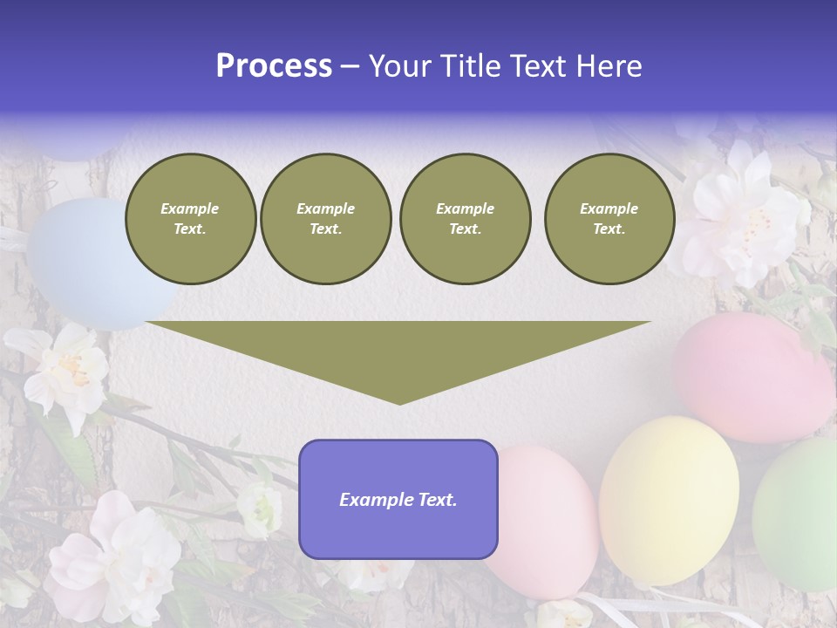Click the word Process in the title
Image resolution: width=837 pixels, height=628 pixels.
click(274, 66)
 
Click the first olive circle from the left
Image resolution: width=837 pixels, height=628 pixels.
click(190, 219)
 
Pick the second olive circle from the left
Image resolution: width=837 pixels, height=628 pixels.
click(325, 219)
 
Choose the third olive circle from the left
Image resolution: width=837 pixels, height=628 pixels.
click(465, 219)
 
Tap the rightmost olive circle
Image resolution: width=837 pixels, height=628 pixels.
click(609, 219)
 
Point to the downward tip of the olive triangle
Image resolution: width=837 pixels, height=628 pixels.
click(399, 401)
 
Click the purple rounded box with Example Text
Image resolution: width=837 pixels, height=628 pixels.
click(398, 499)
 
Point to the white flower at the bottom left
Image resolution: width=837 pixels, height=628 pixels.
click(113, 558)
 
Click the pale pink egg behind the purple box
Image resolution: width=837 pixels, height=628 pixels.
click(545, 523)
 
